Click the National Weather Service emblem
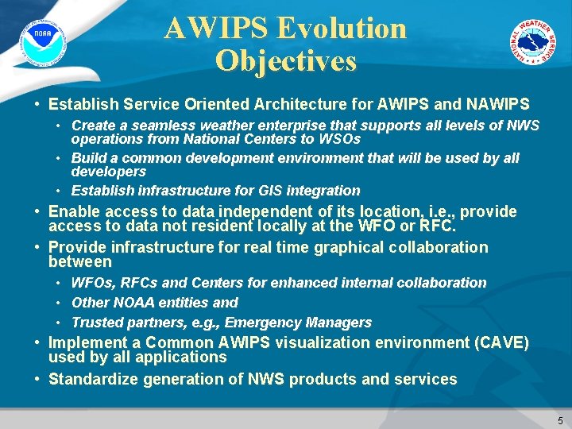click(x=533, y=42)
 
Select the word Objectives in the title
click(x=285, y=61)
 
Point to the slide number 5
click(x=560, y=420)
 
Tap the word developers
click(x=109, y=172)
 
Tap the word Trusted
click(x=97, y=323)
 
